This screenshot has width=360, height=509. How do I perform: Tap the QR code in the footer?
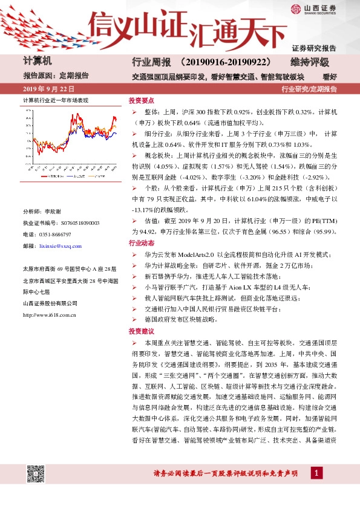(x=36, y=474)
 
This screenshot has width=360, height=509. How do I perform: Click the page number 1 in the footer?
(x=315, y=473)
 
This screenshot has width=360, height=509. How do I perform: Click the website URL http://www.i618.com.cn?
(x=49, y=314)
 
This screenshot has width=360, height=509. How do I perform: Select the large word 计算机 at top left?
(x=38, y=62)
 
